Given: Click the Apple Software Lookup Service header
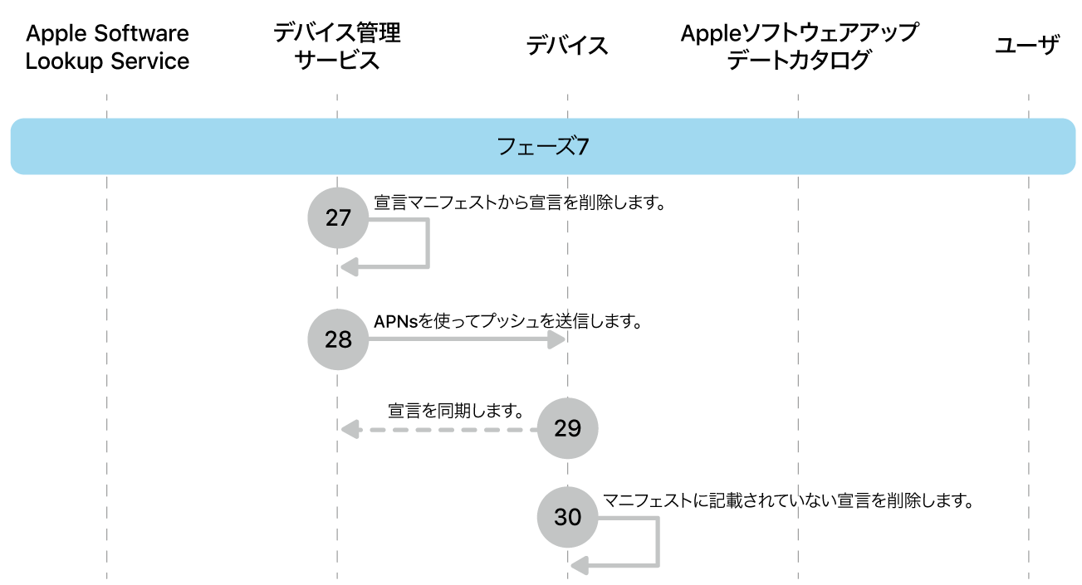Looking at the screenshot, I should point(107,47).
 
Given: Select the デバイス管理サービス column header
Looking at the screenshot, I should point(337,46).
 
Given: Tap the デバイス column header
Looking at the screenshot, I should point(567,46).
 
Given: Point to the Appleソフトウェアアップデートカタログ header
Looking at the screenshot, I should point(799,46).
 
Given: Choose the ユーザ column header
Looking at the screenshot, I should point(1027,46).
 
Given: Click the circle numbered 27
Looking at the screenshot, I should point(338,218).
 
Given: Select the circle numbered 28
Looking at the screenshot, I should point(338,339).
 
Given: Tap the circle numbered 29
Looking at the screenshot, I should point(567,428).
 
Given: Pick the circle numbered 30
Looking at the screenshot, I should point(567,517).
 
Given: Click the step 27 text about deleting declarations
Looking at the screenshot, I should point(521,202).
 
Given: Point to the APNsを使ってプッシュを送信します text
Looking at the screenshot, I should point(508,322).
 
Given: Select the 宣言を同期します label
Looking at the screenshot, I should point(455,410).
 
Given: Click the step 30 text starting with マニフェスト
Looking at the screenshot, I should point(787,500).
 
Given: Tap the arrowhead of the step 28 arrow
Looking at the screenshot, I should point(557,339).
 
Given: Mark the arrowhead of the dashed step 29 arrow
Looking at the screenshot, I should point(350,429).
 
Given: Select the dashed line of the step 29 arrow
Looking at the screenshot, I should point(448,429).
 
